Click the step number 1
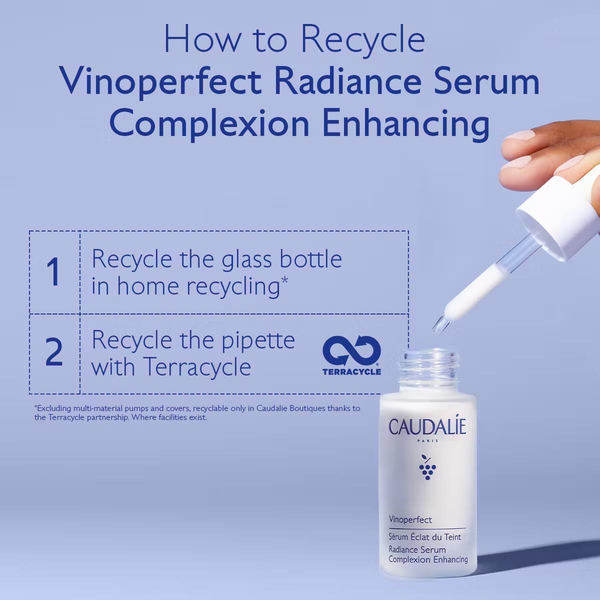(53, 272)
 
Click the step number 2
(54, 353)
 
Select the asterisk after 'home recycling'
(284, 280)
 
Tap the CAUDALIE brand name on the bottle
(427, 427)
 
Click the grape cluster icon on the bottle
(427, 467)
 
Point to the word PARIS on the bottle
(427, 441)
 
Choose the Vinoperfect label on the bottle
(410, 520)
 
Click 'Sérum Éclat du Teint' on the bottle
(424, 537)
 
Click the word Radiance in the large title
(348, 81)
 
